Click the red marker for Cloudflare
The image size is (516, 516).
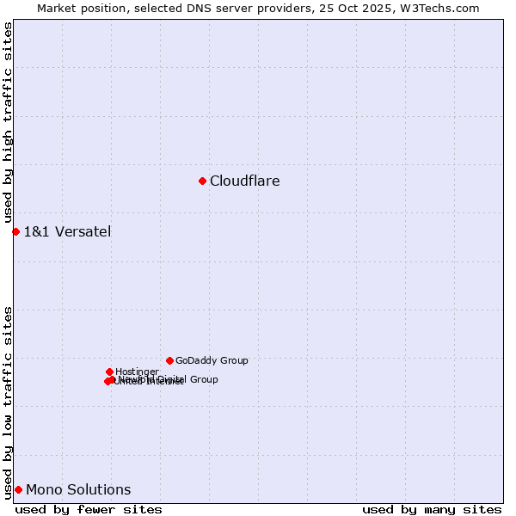click(202, 181)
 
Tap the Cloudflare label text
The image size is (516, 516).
click(244, 181)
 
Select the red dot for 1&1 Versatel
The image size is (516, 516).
click(15, 231)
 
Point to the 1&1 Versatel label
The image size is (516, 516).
click(67, 231)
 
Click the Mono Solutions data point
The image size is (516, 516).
click(18, 489)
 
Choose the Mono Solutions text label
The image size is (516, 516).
click(78, 490)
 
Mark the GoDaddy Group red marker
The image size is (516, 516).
click(169, 360)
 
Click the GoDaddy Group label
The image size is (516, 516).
click(212, 361)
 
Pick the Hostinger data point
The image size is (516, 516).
click(109, 372)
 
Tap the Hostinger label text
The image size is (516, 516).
click(137, 372)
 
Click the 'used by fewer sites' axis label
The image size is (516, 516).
click(89, 510)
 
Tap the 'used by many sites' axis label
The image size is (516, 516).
click(432, 510)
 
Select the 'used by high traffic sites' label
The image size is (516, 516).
click(8, 123)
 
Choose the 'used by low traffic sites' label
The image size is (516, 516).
click(8, 402)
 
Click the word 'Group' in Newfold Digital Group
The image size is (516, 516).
click(203, 379)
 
